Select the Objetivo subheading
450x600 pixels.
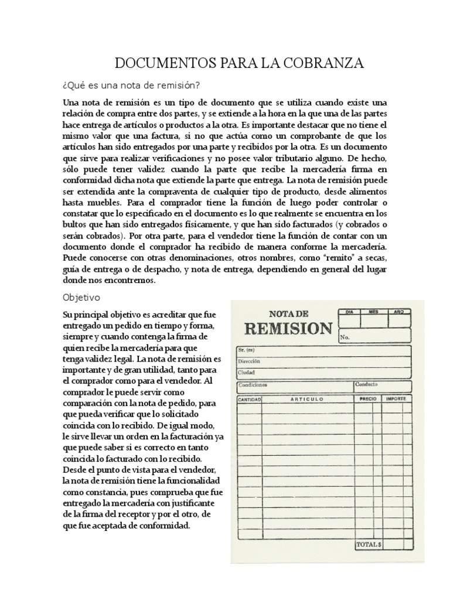click(82, 298)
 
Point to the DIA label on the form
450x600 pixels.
click(350, 312)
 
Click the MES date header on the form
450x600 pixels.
click(374, 312)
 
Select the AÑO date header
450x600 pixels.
click(398, 312)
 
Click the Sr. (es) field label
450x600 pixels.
click(246, 350)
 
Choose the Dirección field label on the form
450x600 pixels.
click(249, 361)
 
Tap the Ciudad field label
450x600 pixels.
click(246, 372)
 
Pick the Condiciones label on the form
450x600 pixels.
click(253, 385)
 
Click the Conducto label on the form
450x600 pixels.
click(366, 385)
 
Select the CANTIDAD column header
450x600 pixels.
click(249, 399)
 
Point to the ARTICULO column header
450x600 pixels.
click(306, 399)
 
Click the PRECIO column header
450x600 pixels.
click(368, 399)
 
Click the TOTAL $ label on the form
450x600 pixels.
click(369, 545)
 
